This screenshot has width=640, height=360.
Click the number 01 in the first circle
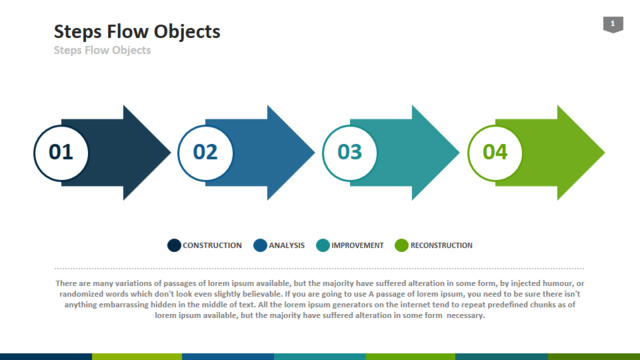tap(61, 152)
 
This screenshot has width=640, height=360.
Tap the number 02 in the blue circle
tap(205, 152)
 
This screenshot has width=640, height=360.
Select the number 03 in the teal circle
tap(350, 152)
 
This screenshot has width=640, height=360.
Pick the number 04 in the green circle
tap(495, 152)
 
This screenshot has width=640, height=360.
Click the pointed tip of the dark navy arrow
tap(170, 153)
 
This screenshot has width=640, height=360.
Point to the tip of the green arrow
tap(604, 153)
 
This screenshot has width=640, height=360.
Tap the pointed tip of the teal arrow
tap(459, 153)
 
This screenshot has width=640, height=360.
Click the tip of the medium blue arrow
tap(314, 153)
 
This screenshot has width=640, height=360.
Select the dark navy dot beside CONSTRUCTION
tap(174, 245)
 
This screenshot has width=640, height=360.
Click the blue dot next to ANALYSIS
tap(260, 245)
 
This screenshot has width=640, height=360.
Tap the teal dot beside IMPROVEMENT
tap(323, 245)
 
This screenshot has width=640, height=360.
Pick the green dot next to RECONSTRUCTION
tap(402, 245)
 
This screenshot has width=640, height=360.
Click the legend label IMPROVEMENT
tap(358, 245)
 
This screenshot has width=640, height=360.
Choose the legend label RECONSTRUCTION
tap(441, 245)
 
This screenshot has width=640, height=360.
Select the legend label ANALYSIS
tap(287, 245)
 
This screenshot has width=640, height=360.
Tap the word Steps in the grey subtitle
tap(67, 51)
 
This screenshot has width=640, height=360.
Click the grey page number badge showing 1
tap(613, 24)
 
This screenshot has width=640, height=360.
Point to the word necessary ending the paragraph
tap(466, 316)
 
